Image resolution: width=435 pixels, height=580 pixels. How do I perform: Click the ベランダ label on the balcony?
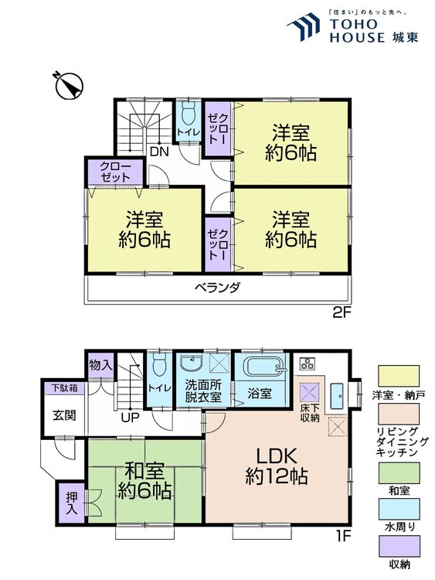[217, 288]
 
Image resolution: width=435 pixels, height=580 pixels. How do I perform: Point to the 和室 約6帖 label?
[144, 479]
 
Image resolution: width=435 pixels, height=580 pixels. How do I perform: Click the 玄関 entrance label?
[63, 415]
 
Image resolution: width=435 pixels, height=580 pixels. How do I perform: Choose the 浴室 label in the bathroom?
[260, 393]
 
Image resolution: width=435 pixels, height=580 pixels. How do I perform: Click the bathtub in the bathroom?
[263, 367]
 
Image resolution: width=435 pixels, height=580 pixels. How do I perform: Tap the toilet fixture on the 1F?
[159, 366]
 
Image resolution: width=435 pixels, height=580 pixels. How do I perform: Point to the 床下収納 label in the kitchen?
[309, 412]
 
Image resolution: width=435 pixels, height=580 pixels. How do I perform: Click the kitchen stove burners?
[308, 363]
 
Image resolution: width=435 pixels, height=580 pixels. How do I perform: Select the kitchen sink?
[337, 395]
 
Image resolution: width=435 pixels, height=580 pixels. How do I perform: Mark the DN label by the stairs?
[159, 151]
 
